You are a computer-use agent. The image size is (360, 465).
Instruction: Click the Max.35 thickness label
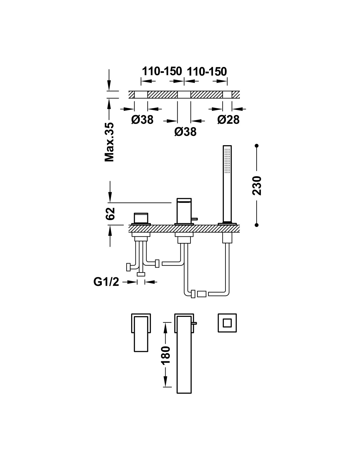(109, 142)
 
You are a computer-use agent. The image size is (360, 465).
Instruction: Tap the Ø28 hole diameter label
(228, 119)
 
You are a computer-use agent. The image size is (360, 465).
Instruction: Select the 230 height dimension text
(257, 185)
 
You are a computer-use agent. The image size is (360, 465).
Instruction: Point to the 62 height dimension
(110, 214)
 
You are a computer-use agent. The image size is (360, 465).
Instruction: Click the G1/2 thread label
(106, 282)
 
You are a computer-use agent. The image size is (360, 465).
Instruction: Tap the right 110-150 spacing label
(207, 72)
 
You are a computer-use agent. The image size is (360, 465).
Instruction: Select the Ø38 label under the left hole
(142, 119)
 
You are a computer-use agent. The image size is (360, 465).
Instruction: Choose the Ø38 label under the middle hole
(185, 131)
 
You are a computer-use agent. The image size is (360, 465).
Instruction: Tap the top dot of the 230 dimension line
(257, 146)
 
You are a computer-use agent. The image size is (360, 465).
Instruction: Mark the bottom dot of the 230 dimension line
(257, 225)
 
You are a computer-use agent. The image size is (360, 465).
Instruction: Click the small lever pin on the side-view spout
(194, 219)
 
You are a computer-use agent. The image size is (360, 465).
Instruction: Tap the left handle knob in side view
(141, 218)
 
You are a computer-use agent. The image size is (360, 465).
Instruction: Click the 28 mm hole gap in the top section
(227, 95)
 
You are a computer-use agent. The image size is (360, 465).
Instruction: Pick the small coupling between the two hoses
(202, 294)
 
